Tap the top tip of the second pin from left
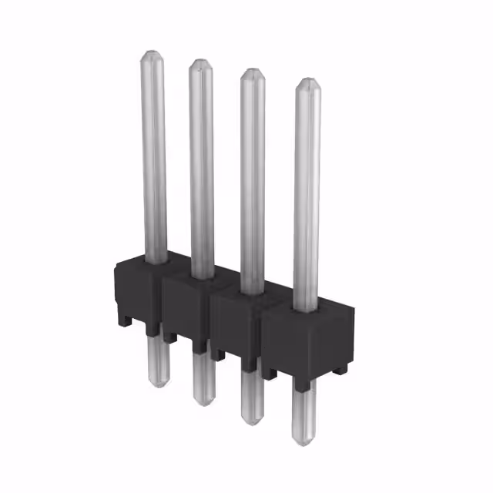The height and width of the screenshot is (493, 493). coord(201,61)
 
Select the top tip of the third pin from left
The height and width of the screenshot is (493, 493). coord(252,70)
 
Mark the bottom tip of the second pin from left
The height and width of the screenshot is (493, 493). coord(203,404)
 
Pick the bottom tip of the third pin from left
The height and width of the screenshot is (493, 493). coord(252,422)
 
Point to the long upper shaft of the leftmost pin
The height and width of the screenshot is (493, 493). coord(153,154)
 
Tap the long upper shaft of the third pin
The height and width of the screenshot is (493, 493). coord(252,177)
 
